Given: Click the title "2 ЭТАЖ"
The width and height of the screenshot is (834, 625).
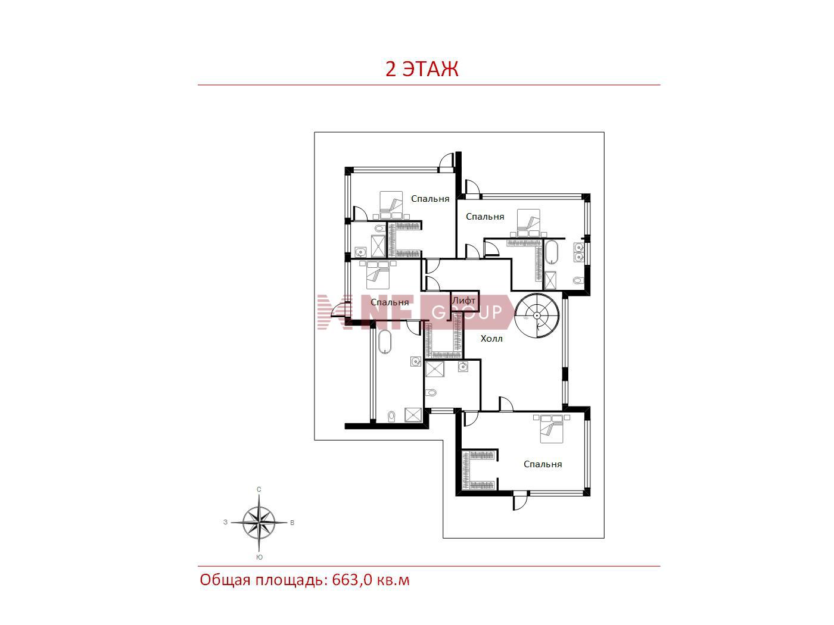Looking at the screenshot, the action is click(422, 69).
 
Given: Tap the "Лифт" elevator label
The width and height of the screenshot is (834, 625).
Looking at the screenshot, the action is click(463, 300).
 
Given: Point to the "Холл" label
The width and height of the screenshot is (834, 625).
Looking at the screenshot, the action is click(491, 339).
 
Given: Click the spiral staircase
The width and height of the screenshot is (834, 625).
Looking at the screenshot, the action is click(537, 315).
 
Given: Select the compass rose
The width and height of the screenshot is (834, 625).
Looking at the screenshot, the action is click(259, 523).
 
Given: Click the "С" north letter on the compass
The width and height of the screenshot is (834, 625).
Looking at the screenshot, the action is click(259, 489).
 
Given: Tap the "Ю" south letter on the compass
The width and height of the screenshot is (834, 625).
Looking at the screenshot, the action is click(259, 557).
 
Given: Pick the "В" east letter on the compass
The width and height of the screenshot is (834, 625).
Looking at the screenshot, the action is click(292, 523).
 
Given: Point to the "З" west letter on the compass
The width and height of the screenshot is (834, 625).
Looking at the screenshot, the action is click(225, 522).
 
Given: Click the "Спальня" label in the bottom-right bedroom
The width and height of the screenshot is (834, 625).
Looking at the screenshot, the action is click(543, 464).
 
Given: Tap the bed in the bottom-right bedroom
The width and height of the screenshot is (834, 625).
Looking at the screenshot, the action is click(551, 429).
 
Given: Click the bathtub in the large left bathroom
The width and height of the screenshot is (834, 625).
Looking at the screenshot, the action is click(384, 342).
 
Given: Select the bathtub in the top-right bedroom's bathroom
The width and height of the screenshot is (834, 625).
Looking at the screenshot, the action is click(551, 252).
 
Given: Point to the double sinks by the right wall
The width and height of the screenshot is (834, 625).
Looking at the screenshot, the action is click(578, 252).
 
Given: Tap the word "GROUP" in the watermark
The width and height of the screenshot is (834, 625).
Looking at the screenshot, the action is click(467, 312).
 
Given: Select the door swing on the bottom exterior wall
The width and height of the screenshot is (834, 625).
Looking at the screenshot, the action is click(520, 502).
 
